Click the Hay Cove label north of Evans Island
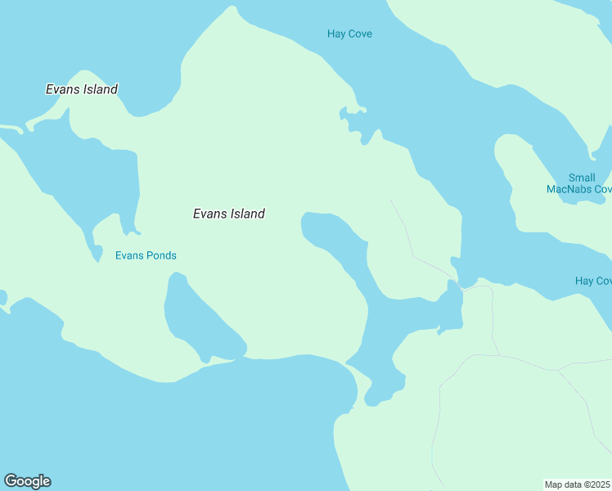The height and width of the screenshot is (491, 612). click(x=349, y=34)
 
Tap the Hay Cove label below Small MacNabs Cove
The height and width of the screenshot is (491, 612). click(x=593, y=281)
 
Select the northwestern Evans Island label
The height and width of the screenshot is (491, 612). click(x=82, y=89)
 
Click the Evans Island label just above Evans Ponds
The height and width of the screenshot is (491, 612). click(x=229, y=214)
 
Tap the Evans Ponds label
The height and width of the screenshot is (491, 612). click(x=146, y=255)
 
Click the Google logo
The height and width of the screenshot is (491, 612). click(x=27, y=481)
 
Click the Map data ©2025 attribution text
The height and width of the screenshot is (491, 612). click(x=578, y=484)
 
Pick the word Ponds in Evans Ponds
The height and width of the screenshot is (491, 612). click(x=162, y=255)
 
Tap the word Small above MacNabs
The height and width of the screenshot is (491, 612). click(x=582, y=178)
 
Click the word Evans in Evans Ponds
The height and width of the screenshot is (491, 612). click(x=129, y=255)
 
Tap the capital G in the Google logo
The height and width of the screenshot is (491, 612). click(x=11, y=481)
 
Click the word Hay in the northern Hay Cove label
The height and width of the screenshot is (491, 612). click(x=335, y=34)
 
